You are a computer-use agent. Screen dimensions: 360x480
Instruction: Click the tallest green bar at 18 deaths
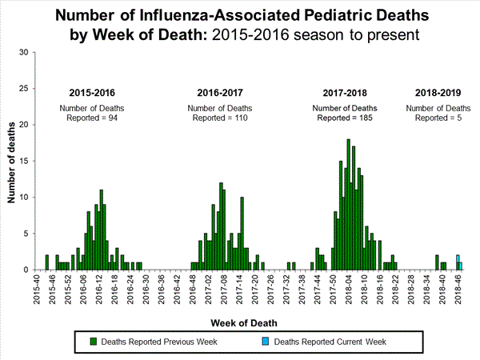(x=348, y=204)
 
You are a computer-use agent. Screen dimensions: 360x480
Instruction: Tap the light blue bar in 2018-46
(x=458, y=262)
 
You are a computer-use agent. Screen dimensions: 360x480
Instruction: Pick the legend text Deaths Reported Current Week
(x=330, y=342)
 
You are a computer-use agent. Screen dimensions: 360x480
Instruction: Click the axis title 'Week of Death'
(x=245, y=322)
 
